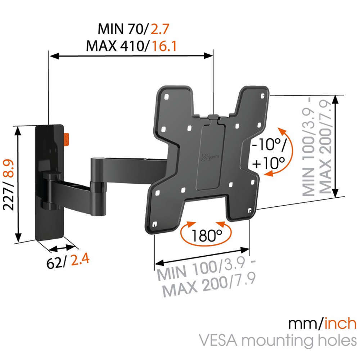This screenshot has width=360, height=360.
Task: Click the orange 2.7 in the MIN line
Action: pyautogui.click(x=160, y=29)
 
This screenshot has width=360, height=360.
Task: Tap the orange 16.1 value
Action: pyautogui.click(x=165, y=46)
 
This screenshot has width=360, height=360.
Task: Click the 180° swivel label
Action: pyautogui.click(x=206, y=236)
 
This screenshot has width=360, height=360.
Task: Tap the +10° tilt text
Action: pyautogui.click(x=269, y=163)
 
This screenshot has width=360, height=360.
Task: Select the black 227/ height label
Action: pyautogui.click(x=9, y=196)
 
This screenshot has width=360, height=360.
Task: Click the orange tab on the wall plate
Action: pyautogui.click(x=66, y=139)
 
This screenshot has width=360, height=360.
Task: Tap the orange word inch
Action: pyautogui.click(x=340, y=324)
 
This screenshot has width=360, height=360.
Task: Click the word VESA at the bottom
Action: pyautogui.click(x=218, y=340)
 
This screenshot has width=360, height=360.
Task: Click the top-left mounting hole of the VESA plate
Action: pyautogui.click(x=166, y=97)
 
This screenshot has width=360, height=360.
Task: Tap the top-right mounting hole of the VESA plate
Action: pyautogui.click(x=262, y=96)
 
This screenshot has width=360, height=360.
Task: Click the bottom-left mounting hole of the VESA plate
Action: pyautogui.click(x=154, y=224)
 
